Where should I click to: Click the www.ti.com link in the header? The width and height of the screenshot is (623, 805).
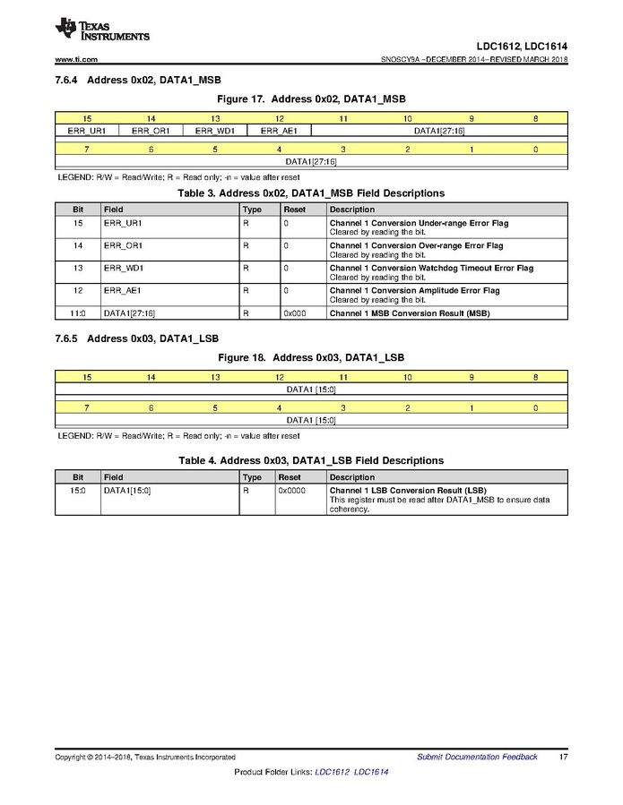(x=76, y=59)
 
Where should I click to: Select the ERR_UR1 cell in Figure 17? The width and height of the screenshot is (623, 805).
(x=87, y=131)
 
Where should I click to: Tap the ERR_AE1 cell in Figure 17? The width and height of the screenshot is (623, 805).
(x=279, y=131)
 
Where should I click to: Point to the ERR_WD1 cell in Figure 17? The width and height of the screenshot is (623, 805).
(x=215, y=131)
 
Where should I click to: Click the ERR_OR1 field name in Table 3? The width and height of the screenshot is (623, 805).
(x=123, y=245)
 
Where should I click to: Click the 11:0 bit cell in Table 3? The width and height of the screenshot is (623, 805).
(x=78, y=313)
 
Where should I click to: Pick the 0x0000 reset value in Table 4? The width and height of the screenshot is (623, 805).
(x=292, y=491)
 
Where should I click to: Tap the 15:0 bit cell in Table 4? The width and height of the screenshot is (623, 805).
(x=78, y=491)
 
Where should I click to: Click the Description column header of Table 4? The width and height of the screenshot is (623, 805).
(x=352, y=477)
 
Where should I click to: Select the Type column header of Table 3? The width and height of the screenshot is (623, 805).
(x=252, y=210)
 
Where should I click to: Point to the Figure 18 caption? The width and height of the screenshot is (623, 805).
(x=311, y=357)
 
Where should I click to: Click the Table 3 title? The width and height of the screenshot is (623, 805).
(x=311, y=193)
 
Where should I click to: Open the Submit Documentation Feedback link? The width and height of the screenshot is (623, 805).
(x=477, y=757)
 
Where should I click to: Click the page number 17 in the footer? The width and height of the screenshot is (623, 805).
(x=562, y=757)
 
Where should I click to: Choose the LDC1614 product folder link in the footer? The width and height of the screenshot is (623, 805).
(x=371, y=772)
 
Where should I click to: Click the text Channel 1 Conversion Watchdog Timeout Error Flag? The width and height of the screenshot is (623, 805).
(x=431, y=268)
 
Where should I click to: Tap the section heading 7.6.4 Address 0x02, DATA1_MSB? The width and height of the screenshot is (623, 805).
(x=138, y=80)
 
